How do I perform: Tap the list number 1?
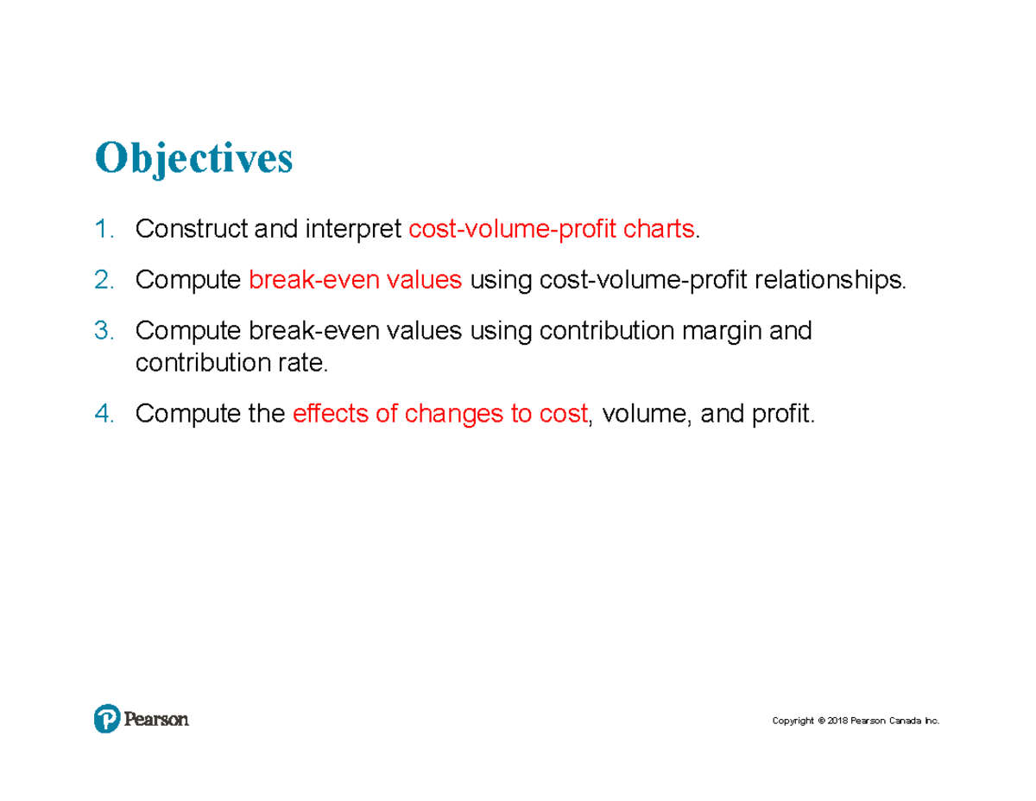click(x=104, y=230)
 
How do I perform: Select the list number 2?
click(x=104, y=281)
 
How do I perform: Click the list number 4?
click(x=104, y=415)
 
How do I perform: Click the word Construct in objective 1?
click(x=189, y=230)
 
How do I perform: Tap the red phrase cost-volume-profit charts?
click(x=552, y=230)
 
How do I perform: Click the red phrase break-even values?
click(x=355, y=281)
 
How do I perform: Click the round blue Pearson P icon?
click(x=107, y=719)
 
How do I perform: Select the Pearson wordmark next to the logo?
click(x=156, y=719)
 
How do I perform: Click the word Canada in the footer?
click(x=904, y=721)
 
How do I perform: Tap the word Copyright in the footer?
click(x=793, y=721)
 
